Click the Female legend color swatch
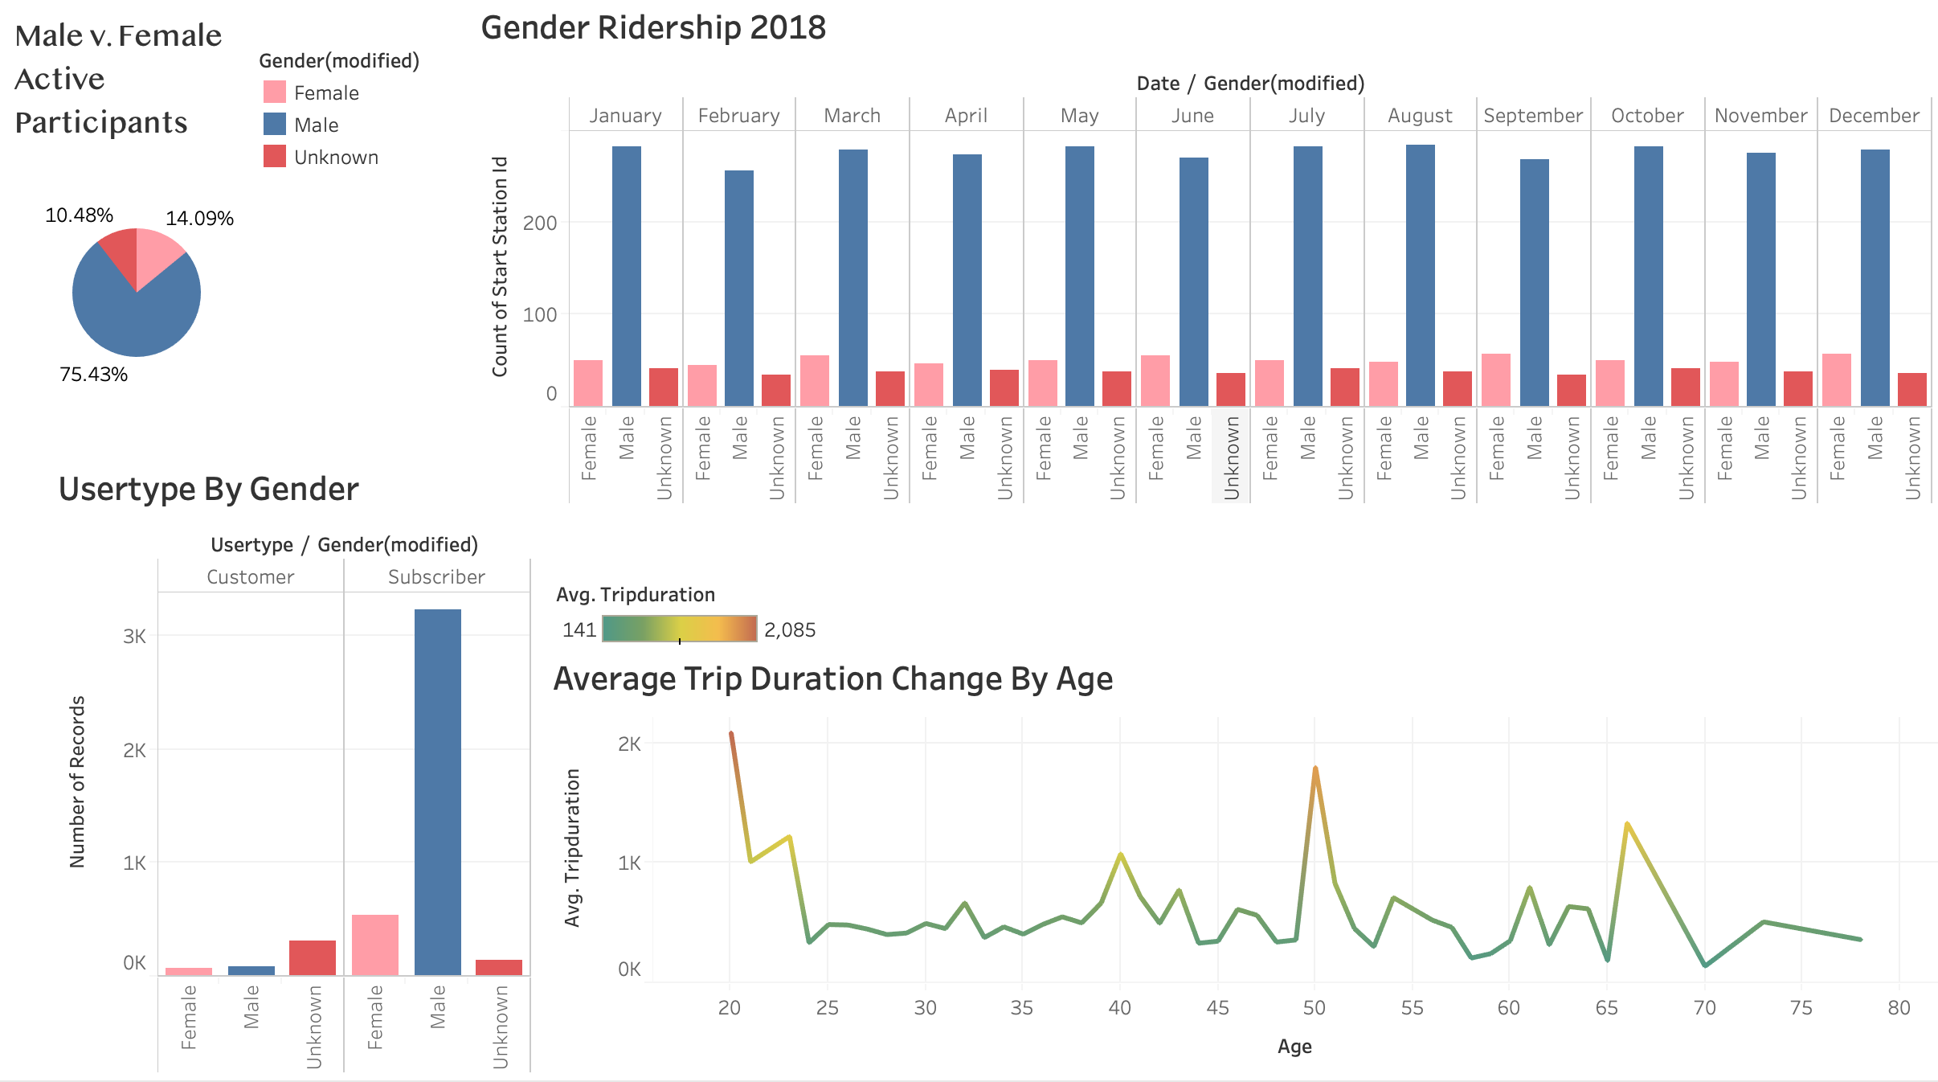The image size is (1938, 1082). pos(275,92)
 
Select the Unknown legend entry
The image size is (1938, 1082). pos(335,158)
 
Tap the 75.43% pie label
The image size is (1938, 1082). pos(93,375)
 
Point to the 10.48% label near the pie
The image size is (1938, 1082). pos(79,215)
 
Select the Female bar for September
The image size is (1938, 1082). pos(1496,379)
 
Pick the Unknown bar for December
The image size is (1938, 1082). pos(1911,389)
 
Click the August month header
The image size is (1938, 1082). pos(1420,116)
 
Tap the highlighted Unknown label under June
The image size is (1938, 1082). pos(1231,457)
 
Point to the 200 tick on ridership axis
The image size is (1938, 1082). pos(540,223)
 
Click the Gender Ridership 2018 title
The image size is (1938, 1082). pos(652,28)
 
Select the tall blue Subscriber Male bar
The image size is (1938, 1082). pos(438,792)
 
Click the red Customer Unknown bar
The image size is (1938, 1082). pos(313,957)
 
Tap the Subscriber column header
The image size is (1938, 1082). pos(436,577)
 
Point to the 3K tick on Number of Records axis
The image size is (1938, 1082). pos(135,637)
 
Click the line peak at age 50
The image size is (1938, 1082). pos(1315,769)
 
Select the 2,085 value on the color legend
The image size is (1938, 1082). pos(790,630)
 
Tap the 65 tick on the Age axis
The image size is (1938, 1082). pos(1606,1008)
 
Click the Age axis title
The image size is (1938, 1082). pos(1294,1047)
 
